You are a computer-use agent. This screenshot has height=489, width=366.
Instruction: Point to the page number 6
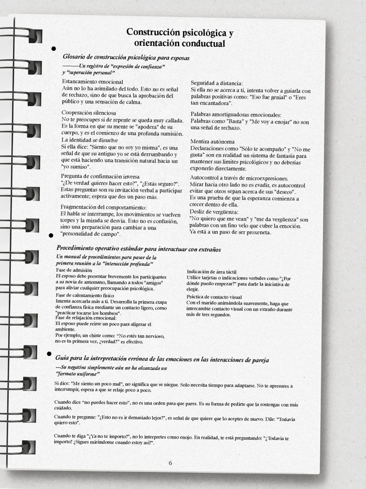pos(170,463)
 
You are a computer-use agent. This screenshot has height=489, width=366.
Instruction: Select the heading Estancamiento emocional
pos(92,82)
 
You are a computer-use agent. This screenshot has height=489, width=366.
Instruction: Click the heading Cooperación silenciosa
pos(89,113)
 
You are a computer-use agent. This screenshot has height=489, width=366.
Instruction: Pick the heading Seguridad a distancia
pos(217,83)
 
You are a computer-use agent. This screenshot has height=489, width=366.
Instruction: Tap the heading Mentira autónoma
pos(212,142)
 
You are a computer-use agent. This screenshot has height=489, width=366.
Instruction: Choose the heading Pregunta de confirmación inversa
pos(100,176)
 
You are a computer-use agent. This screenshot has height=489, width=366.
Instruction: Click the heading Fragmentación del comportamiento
pos(104,207)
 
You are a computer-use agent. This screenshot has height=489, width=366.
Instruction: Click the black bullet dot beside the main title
pos(54,49)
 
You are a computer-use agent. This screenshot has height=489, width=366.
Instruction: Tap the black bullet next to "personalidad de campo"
pos(50,235)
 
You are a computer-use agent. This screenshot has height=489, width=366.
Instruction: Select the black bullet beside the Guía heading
pos(49,354)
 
